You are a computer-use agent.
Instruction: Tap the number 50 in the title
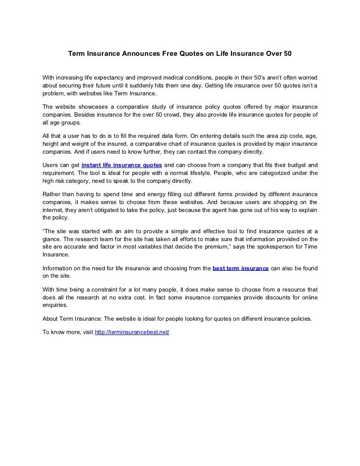pos(287,51)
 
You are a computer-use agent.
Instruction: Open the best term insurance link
pos(240,267)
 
